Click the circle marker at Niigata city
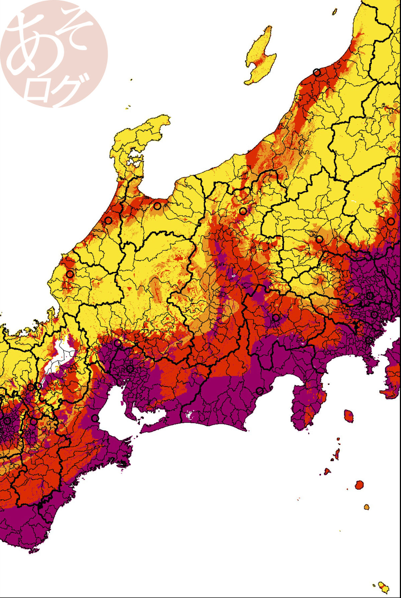316,72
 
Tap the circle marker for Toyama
157,206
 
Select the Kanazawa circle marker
108,220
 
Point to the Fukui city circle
70,274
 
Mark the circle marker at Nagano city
243,211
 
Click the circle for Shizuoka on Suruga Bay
260,391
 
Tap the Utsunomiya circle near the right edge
391,221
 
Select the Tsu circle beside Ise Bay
95,418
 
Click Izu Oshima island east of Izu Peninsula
349,416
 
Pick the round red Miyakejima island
359,485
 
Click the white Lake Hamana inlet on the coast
189,415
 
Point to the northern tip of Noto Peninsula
165,119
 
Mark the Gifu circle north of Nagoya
118,343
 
